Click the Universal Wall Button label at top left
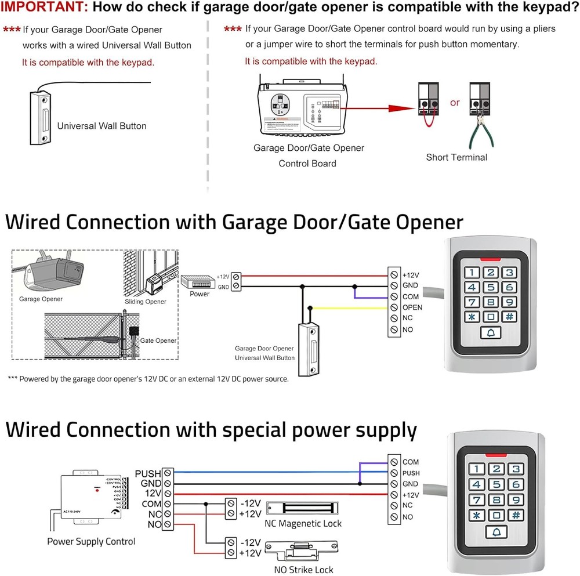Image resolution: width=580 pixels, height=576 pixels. click(x=101, y=125)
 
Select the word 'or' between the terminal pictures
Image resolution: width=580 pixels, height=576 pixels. click(x=454, y=103)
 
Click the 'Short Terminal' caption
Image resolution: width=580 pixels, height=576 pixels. click(x=456, y=157)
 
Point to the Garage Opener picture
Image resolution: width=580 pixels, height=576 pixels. click(x=53, y=273)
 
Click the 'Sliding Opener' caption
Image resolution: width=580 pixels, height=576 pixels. click(x=145, y=302)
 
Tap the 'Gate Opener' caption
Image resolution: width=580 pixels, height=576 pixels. click(x=158, y=340)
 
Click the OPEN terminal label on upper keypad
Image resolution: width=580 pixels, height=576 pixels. click(x=412, y=307)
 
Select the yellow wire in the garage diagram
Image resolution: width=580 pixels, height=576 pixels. click(x=348, y=307)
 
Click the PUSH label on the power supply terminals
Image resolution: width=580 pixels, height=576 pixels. click(x=147, y=473)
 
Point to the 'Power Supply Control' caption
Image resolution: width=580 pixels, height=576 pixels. click(x=91, y=541)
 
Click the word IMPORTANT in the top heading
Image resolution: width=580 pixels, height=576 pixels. click(x=43, y=8)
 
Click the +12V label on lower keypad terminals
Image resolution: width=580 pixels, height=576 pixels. click(x=410, y=495)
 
